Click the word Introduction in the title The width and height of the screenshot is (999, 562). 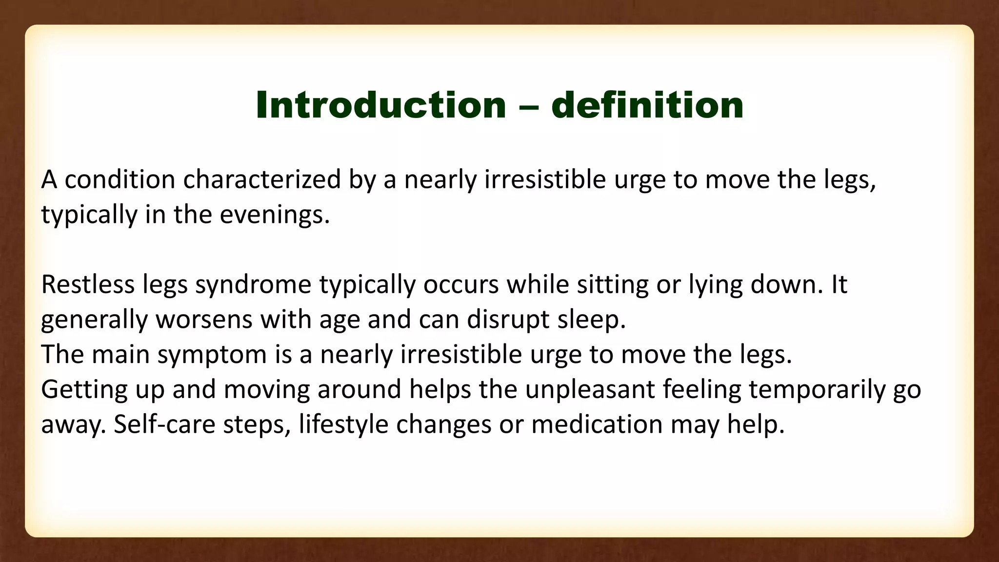pyautogui.click(x=381, y=105)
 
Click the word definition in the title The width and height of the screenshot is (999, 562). pyautogui.click(x=647, y=105)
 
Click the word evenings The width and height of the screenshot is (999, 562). pyautogui.click(x=275, y=215)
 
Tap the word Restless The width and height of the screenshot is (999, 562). pyautogui.click(x=88, y=284)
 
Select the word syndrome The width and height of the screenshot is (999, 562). pyautogui.click(x=253, y=284)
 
